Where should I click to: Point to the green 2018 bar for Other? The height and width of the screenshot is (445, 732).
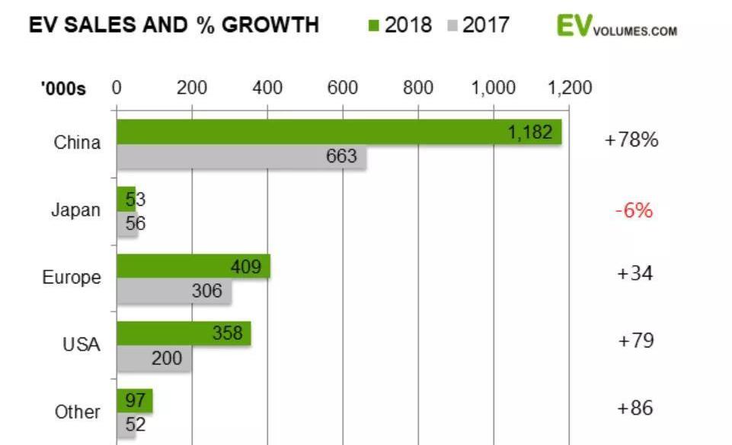coord(134,401)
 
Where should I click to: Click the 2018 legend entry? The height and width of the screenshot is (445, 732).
coord(400,25)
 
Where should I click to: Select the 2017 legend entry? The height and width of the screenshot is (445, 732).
coord(478,25)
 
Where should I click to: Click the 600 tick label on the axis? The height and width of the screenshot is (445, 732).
coord(343,88)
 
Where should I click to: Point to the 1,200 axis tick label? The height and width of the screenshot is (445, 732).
coord(569,88)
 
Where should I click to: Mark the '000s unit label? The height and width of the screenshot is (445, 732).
coord(63,89)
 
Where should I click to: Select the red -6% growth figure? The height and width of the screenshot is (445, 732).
coord(633,210)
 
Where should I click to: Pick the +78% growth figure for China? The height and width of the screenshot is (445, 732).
coord(631,141)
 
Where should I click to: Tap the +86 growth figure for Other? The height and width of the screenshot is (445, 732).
coord(635,408)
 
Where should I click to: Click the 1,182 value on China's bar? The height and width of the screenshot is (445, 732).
coord(529,133)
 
